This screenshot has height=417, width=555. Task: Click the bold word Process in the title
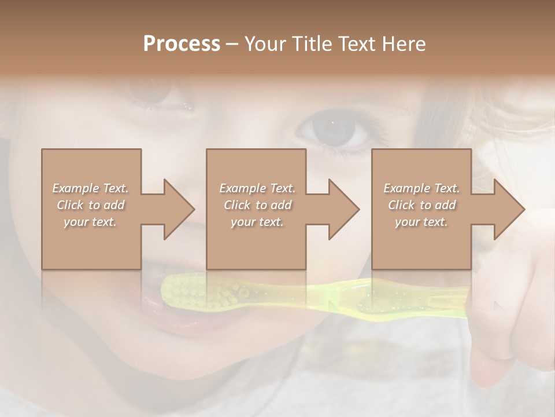(182, 44)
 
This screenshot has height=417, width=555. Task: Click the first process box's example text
(91, 205)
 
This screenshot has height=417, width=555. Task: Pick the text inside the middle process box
(257, 205)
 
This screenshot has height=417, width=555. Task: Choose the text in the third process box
(421, 205)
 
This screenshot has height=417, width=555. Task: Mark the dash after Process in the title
(232, 44)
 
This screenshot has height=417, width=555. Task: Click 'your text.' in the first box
(91, 222)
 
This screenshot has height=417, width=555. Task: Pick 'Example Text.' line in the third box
(421, 188)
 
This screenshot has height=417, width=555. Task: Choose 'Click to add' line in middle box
(257, 205)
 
